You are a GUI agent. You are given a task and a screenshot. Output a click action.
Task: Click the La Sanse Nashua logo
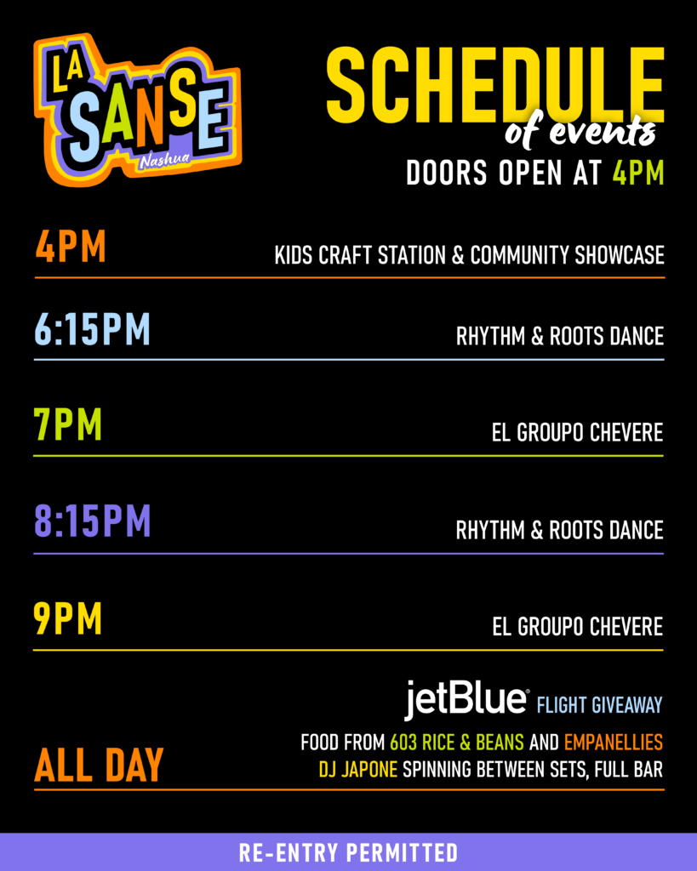(x=137, y=110)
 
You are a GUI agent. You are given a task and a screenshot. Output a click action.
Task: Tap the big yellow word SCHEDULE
(x=495, y=85)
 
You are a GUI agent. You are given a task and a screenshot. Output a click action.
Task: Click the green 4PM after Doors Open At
(x=638, y=173)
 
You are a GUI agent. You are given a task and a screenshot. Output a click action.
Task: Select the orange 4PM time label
(x=71, y=247)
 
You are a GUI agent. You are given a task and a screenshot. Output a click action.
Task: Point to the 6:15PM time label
(x=92, y=329)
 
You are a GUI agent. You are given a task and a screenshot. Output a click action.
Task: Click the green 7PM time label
(x=68, y=424)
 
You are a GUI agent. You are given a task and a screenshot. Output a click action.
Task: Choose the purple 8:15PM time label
(x=92, y=521)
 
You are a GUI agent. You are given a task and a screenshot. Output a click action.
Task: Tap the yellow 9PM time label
(x=68, y=618)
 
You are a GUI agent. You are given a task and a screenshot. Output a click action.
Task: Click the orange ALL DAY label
(x=99, y=766)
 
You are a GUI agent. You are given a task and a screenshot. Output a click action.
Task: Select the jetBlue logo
(x=466, y=699)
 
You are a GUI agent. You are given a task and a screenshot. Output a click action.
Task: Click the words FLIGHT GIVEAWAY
(x=600, y=705)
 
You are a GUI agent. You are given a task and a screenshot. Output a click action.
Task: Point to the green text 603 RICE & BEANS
(x=457, y=742)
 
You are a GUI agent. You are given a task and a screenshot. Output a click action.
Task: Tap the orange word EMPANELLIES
(x=614, y=742)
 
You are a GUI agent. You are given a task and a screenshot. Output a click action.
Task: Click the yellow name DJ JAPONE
(x=358, y=769)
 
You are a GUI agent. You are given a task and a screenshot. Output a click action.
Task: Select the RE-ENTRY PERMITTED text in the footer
(x=349, y=852)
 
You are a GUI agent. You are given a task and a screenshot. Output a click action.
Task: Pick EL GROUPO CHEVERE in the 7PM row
(x=578, y=432)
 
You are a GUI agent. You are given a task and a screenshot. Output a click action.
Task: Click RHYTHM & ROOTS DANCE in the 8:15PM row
(x=560, y=530)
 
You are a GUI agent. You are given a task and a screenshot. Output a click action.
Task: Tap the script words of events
(x=580, y=132)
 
